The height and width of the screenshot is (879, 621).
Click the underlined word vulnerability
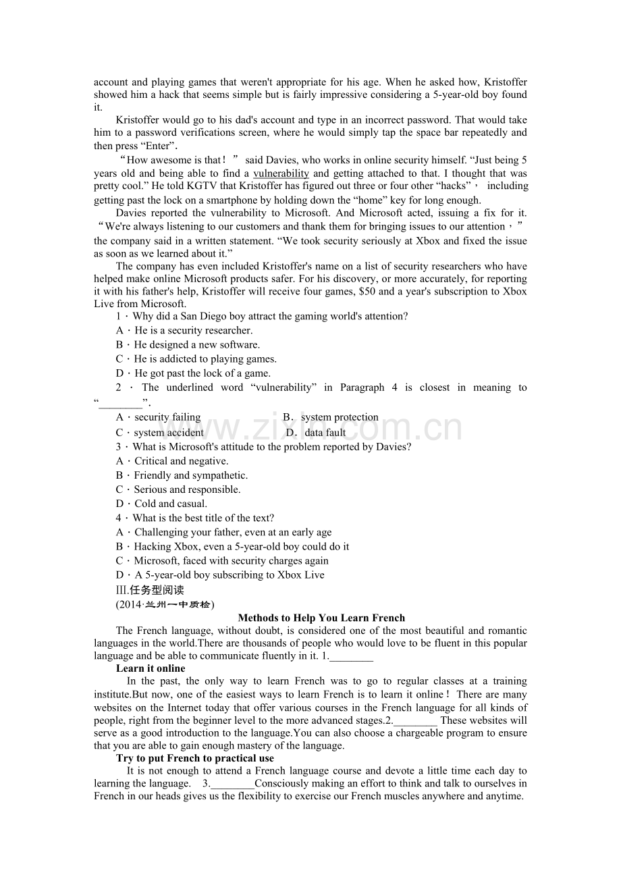tap(281, 174)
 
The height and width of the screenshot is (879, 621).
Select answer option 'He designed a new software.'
tap(196, 344)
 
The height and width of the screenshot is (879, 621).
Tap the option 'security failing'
tap(167, 417)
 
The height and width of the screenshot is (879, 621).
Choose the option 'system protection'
tap(340, 417)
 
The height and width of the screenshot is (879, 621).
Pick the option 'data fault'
tap(325, 433)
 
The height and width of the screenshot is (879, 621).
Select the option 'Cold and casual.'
tap(171, 504)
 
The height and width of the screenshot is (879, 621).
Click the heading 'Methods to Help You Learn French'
tap(321, 618)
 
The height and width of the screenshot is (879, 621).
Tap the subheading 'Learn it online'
tap(151, 668)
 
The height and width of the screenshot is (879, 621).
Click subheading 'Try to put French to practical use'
tap(195, 758)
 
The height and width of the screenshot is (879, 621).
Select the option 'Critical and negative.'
tap(181, 461)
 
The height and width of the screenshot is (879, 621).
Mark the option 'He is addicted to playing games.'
tap(205, 359)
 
